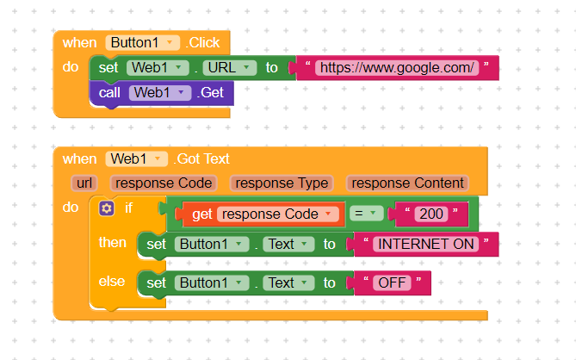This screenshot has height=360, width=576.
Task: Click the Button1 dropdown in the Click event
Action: (x=143, y=42)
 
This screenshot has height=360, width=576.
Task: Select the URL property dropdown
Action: (x=230, y=67)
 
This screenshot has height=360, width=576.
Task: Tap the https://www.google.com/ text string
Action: (x=397, y=67)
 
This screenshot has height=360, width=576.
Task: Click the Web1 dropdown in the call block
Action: (x=160, y=92)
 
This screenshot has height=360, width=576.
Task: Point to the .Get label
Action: (x=210, y=92)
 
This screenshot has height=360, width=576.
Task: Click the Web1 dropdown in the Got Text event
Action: (x=136, y=158)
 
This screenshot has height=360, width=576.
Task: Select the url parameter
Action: (x=84, y=183)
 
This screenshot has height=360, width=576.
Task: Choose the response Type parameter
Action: (x=282, y=183)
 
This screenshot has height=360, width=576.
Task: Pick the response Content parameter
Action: (x=408, y=183)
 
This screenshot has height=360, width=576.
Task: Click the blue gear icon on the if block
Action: (x=106, y=208)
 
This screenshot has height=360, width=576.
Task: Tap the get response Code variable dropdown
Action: (x=278, y=214)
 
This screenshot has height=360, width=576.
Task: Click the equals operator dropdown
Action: (x=366, y=214)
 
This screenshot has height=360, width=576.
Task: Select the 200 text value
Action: (x=431, y=214)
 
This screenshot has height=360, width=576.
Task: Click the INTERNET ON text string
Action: (x=425, y=244)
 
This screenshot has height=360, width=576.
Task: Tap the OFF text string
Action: (x=392, y=282)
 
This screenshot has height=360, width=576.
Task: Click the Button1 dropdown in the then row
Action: (x=212, y=244)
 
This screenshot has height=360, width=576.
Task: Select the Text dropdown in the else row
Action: (x=288, y=282)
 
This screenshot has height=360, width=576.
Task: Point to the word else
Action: (x=112, y=282)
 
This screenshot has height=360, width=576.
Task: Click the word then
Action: (x=113, y=243)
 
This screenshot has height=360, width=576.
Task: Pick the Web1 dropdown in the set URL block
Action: (x=158, y=67)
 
